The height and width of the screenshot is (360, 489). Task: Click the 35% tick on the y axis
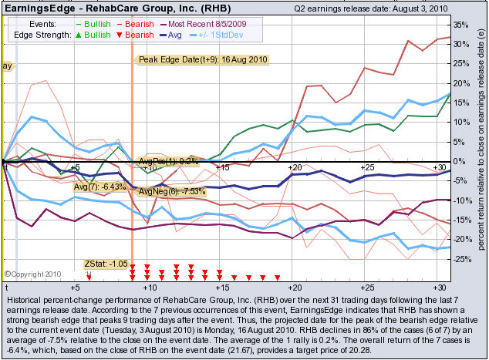(459, 25)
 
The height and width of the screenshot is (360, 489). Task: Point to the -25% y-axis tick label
(460, 259)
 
